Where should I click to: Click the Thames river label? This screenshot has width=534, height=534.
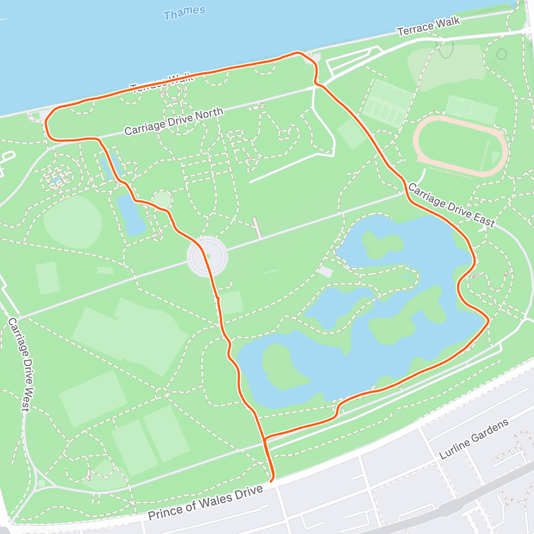(184, 13)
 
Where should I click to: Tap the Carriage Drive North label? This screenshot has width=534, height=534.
(174, 121)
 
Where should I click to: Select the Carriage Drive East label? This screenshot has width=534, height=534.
(451, 205)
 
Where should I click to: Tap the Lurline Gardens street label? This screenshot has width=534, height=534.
(473, 439)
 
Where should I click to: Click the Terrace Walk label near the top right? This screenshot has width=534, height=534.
(428, 26)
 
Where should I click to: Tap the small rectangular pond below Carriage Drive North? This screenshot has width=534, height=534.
(130, 215)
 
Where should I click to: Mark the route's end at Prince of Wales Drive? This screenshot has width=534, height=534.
(272, 479)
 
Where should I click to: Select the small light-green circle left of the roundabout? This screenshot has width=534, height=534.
(161, 199)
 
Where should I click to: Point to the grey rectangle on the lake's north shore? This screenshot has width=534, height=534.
(325, 271)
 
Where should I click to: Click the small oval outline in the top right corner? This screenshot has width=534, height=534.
(502, 54)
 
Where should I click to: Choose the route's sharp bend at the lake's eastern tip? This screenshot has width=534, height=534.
(488, 320)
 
